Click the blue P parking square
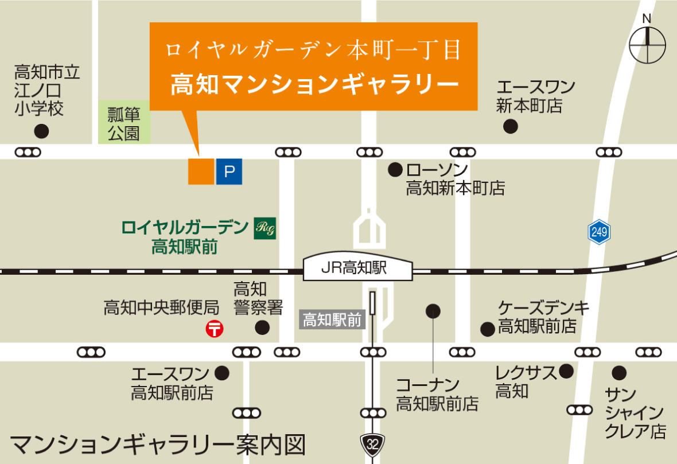pos(229,171)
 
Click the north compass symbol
pos(648,44)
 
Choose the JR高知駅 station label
pos(358,268)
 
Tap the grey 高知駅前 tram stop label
pos(333,319)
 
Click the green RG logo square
pos(265,228)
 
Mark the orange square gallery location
pos(201,171)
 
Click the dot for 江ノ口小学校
pos(41,131)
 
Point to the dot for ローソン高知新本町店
pos(395,170)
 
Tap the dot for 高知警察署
pos(262,328)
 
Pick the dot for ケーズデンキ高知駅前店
pos(488,329)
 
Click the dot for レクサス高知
pos(566,371)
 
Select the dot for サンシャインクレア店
pos(618,373)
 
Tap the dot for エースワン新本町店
pos(509,126)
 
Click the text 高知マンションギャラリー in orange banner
pos(314,84)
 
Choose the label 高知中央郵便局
pos(161,308)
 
